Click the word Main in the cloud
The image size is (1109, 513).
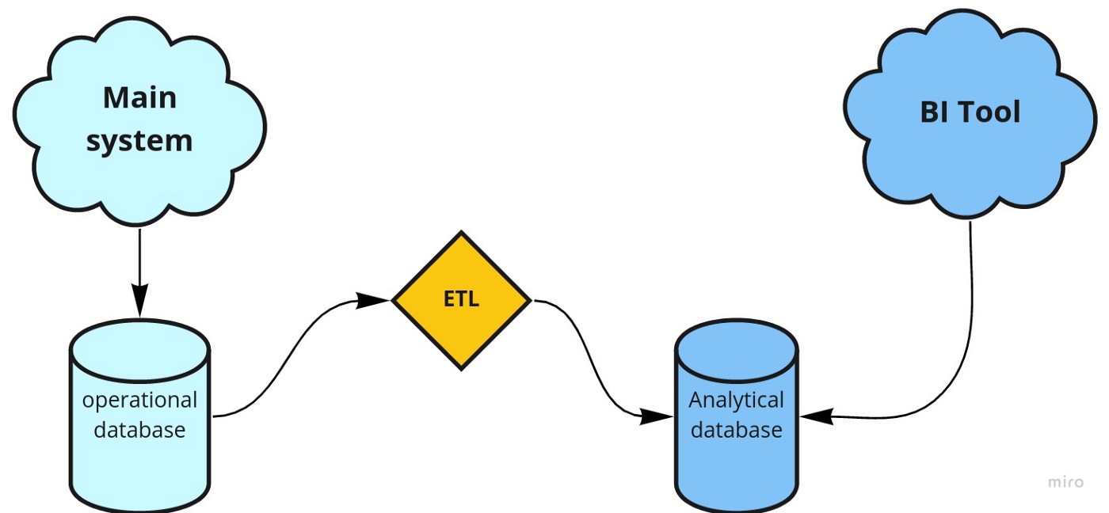139,98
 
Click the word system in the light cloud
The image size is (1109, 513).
139,142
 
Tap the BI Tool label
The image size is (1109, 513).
970,112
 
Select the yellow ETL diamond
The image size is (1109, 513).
461,300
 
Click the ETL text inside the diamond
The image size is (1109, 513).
461,298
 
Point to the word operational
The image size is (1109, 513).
139,401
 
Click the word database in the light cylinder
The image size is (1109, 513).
139,429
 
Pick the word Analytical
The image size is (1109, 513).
736,401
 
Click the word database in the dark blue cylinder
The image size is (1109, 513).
736,429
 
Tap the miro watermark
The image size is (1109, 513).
1065,482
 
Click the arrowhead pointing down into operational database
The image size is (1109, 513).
139,300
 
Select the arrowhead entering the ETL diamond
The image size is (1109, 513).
372,300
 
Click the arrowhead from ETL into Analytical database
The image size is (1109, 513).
656,416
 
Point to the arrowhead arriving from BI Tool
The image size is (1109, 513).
817,416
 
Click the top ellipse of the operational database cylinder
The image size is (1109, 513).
139,351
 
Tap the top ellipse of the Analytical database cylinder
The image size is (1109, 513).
736,351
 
